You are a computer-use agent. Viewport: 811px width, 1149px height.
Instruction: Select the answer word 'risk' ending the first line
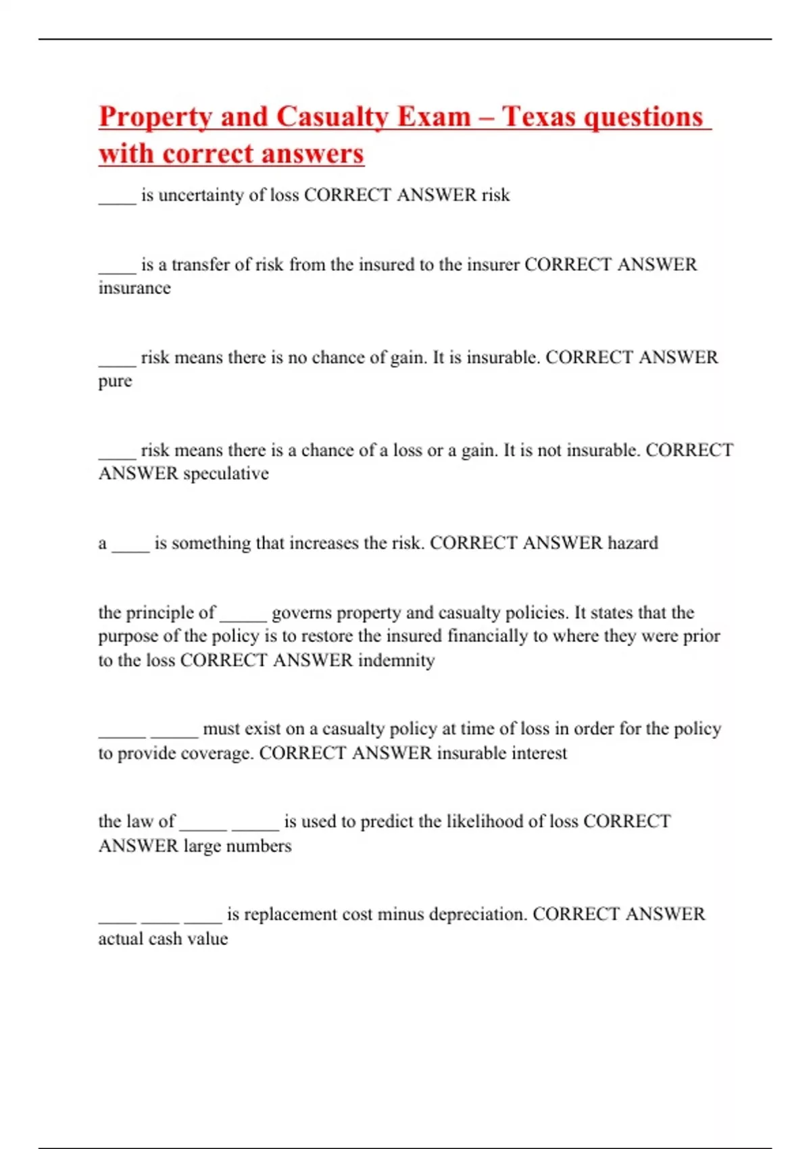tap(495, 195)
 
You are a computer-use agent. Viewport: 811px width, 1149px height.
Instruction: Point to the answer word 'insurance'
tap(134, 288)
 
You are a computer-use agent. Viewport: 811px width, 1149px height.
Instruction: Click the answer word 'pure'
tap(115, 381)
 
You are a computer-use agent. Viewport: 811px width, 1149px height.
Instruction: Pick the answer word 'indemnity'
tap(396, 660)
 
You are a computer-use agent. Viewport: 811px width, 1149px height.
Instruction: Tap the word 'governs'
tap(301, 613)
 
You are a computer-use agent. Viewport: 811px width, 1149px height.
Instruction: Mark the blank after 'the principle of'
tap(243, 616)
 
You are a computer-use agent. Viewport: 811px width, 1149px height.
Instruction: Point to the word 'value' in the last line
tap(208, 939)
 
